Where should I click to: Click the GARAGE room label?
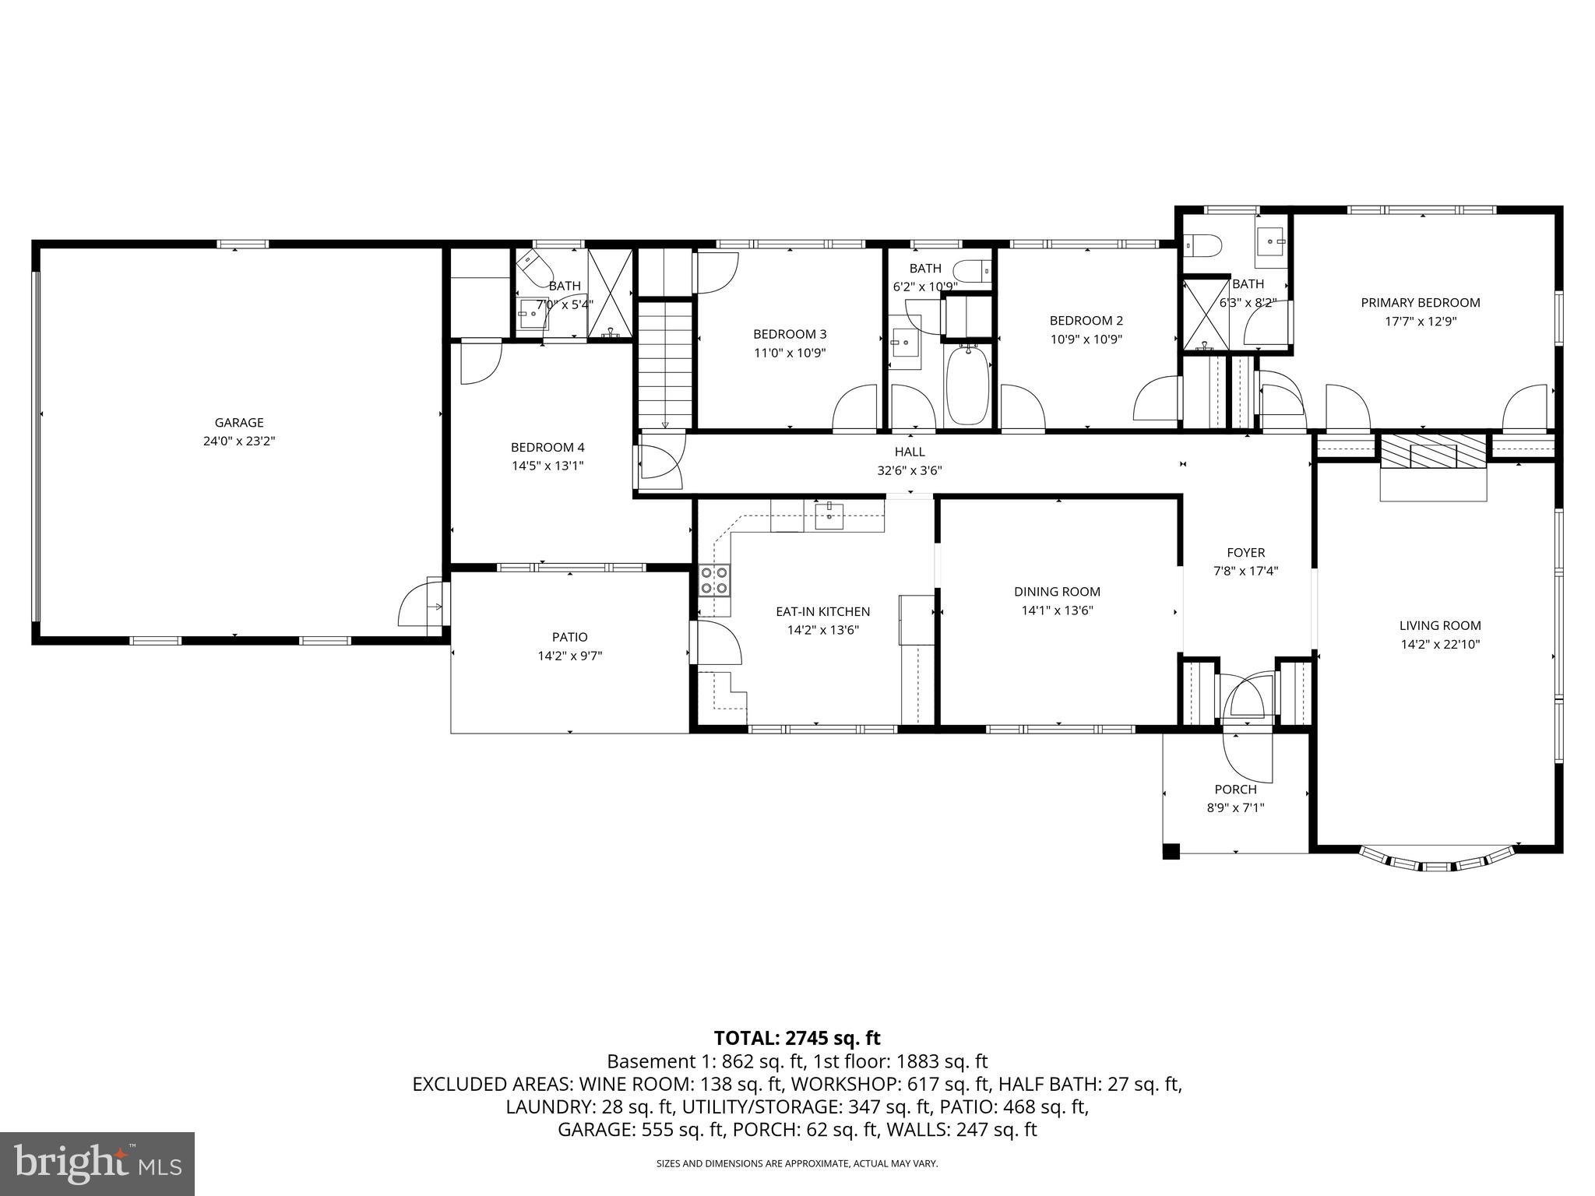tap(239, 423)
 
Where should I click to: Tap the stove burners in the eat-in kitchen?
tap(714, 580)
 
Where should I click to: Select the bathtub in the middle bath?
tap(968, 386)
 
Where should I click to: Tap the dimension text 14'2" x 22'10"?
tap(1439, 644)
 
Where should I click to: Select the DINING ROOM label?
tap(1057, 592)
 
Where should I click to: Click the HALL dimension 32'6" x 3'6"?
tap(910, 470)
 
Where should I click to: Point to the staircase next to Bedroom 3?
tap(666, 362)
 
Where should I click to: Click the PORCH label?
tap(1235, 790)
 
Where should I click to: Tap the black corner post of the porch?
tap(1171, 851)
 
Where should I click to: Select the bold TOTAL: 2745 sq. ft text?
tap(797, 1038)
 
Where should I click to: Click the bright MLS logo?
tap(97, 1164)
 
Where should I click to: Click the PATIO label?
tap(570, 637)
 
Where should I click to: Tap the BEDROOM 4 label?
tap(548, 448)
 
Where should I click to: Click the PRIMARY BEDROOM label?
tap(1420, 303)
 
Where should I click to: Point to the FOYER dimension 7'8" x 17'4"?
tap(1245, 571)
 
